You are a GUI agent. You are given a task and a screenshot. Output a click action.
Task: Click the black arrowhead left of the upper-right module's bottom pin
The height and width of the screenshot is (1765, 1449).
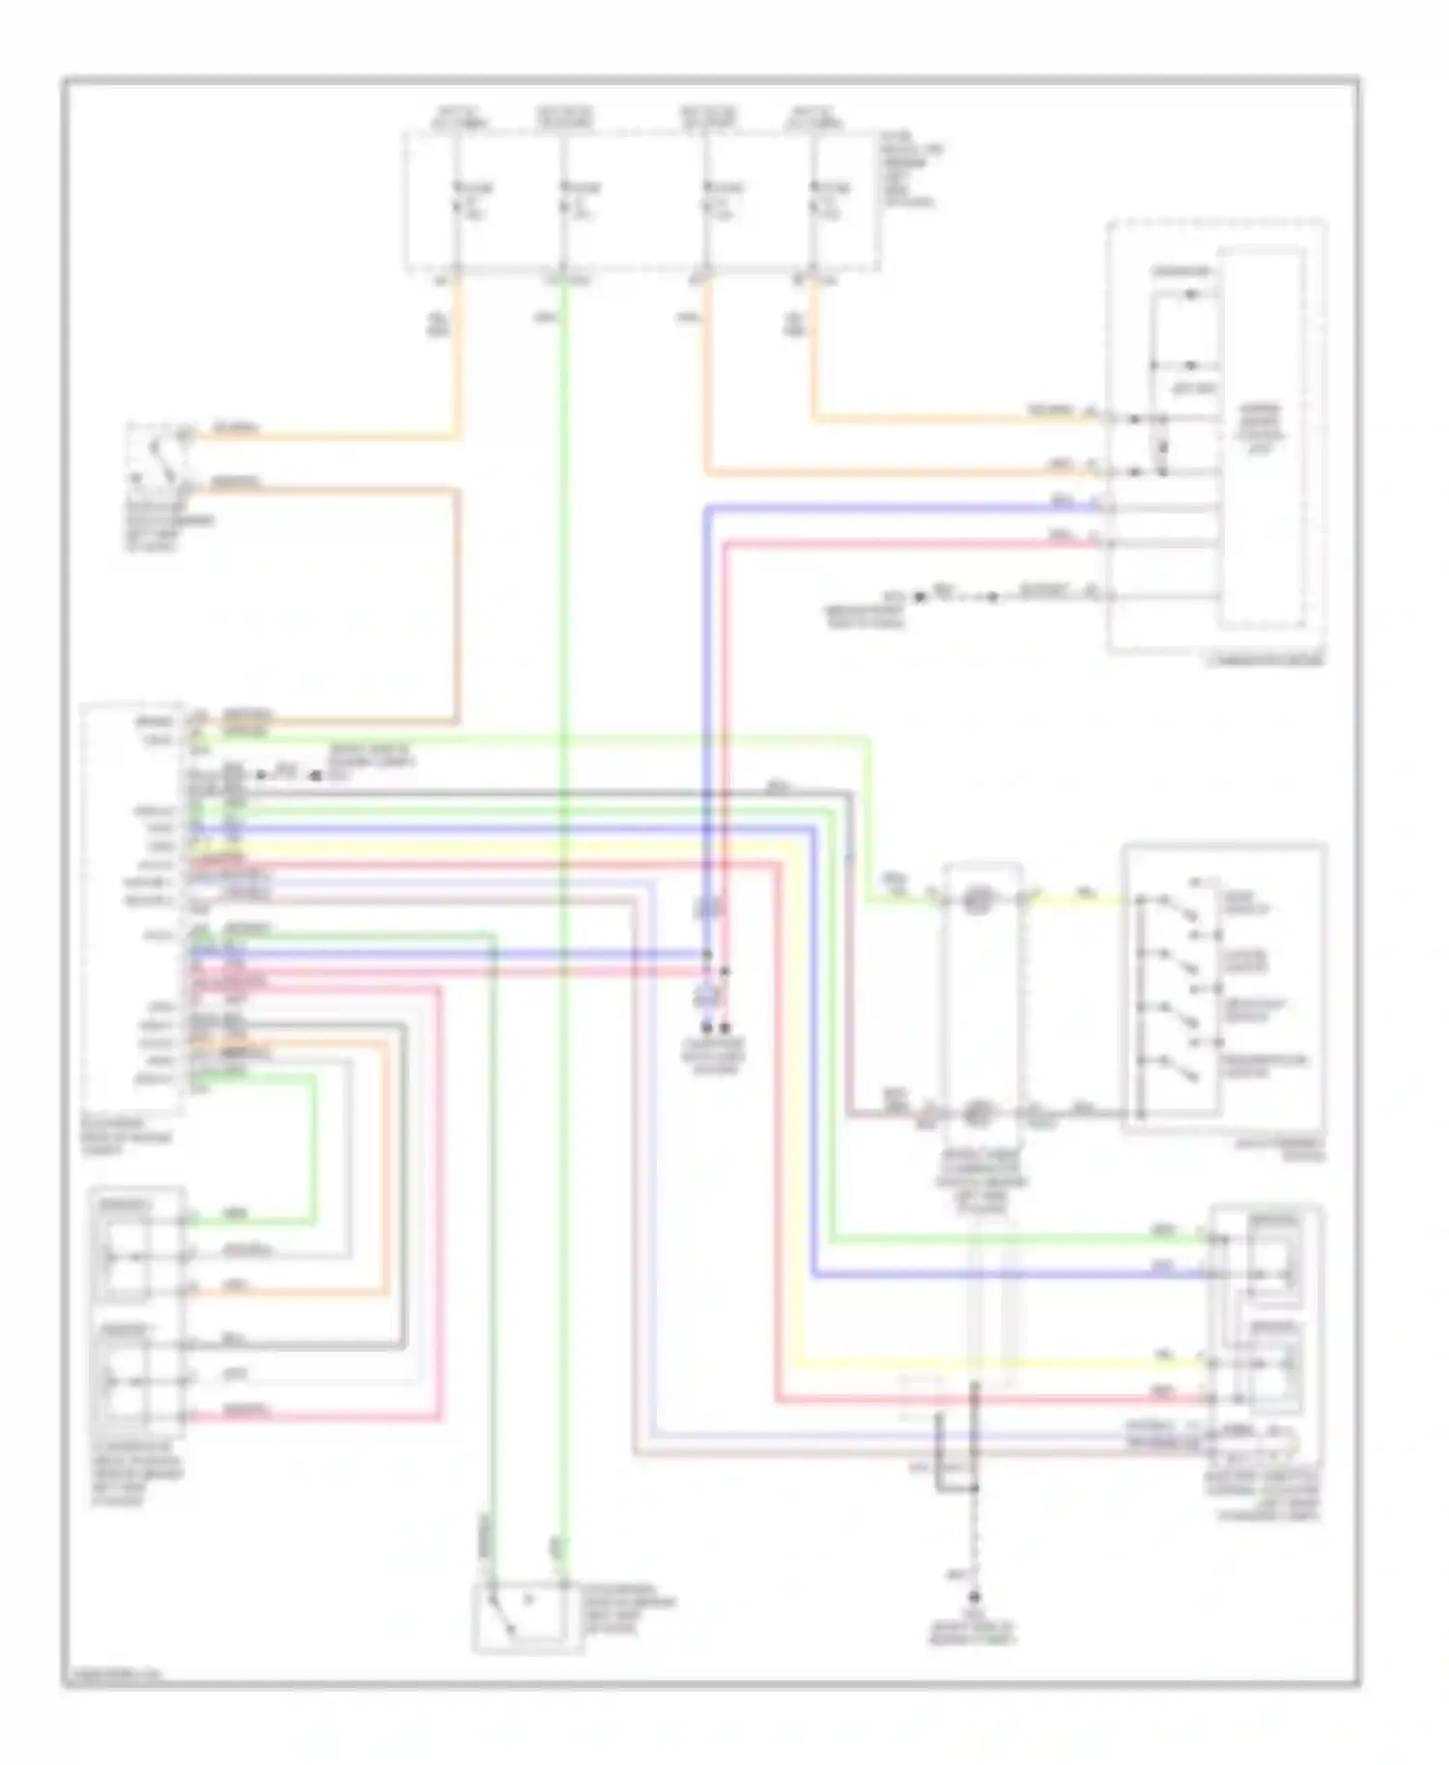click(x=921, y=597)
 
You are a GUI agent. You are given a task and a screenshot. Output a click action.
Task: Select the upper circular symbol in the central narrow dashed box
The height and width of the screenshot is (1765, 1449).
click(x=978, y=900)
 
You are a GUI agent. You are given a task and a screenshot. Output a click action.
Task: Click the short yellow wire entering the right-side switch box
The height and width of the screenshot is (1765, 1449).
click(x=1082, y=898)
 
